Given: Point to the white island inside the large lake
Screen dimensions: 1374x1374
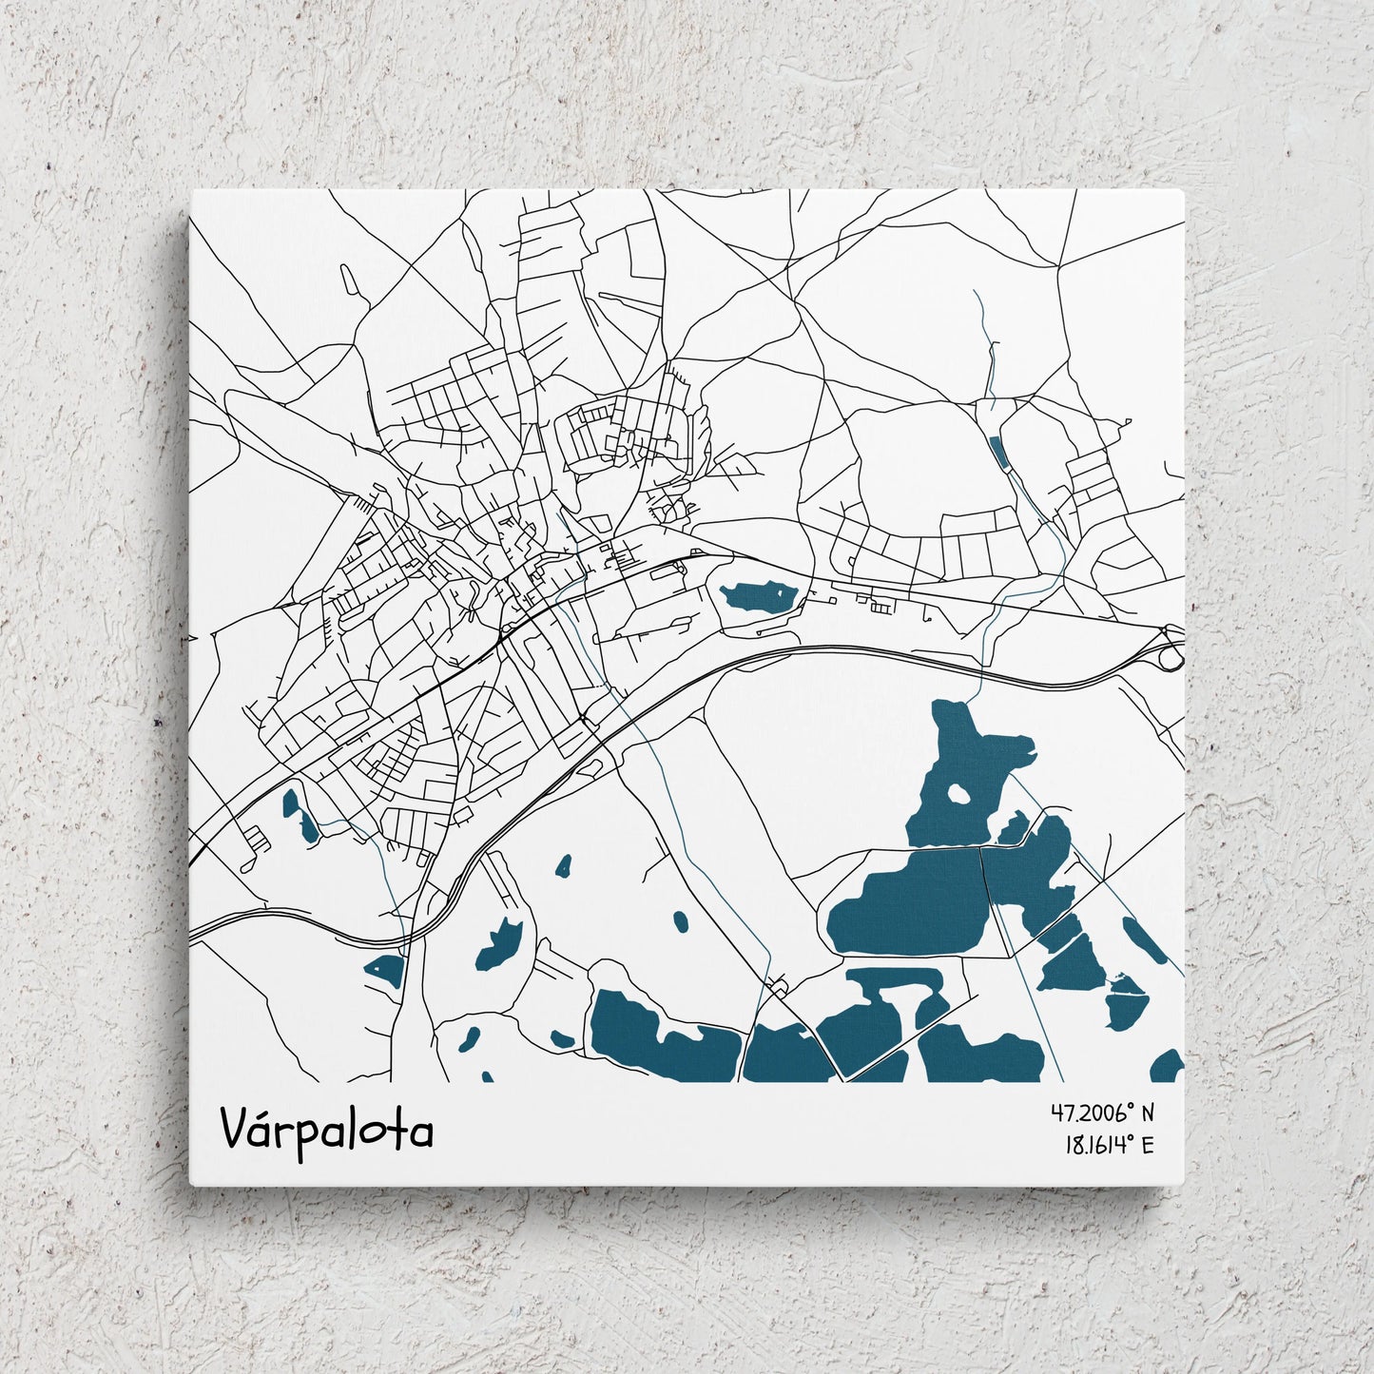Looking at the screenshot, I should point(959,793).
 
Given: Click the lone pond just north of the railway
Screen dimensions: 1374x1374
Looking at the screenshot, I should point(757,597).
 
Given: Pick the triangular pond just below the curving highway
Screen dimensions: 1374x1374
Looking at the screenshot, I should point(386,968).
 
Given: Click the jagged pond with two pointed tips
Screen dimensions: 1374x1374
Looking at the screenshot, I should point(500,944).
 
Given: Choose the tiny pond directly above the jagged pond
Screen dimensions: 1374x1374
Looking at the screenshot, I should point(564,866).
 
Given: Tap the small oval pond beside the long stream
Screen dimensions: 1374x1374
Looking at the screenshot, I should point(681,920).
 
